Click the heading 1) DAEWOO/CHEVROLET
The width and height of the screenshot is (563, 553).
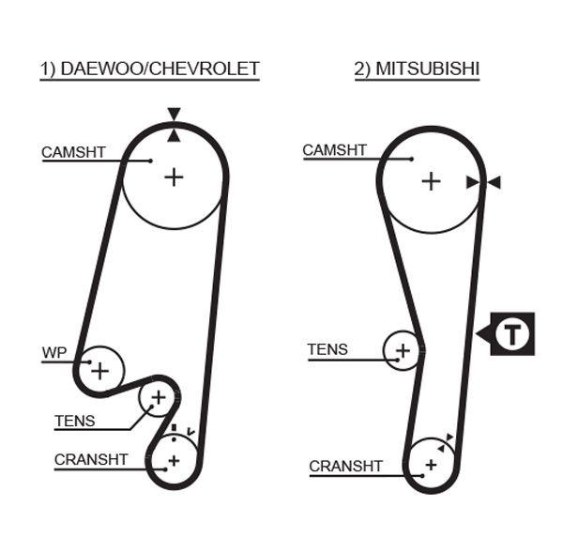click(149, 69)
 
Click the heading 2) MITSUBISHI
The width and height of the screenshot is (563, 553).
click(417, 69)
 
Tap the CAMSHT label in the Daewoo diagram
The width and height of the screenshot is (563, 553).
click(73, 151)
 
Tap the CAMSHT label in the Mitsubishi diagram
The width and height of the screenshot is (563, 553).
click(334, 150)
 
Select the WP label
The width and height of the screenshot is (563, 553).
click(53, 353)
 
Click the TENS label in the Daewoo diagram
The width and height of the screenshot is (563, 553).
click(74, 421)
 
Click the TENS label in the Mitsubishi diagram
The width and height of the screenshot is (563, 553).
click(327, 349)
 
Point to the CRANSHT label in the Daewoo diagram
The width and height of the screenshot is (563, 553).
click(90, 459)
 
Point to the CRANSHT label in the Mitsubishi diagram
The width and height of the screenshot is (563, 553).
click(345, 466)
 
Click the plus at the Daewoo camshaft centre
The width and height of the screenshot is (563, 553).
click(174, 176)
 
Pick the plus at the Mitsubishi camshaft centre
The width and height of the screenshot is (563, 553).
click(430, 180)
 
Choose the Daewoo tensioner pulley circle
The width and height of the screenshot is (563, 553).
click(158, 399)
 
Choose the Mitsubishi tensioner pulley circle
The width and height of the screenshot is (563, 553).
click(403, 351)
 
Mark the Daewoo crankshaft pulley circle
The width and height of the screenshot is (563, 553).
click(174, 460)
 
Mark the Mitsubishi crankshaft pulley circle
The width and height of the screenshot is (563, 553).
click(431, 464)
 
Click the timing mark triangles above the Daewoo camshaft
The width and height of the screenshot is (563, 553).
click(174, 125)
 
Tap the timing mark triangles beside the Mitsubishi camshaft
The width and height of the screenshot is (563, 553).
click(483, 182)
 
